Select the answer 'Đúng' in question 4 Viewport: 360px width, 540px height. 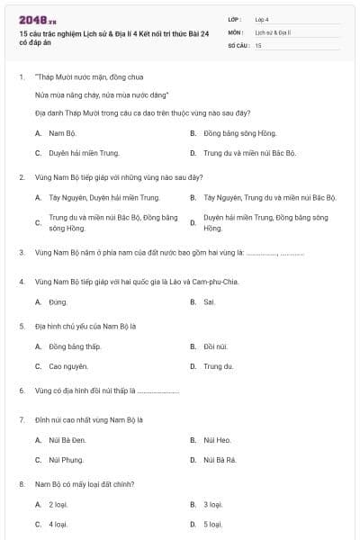pos(58,301)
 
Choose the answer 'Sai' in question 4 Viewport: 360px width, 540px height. pos(209,301)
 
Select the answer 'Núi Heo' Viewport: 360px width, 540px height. pos(217,439)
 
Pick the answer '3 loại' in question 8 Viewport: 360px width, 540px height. pos(212,504)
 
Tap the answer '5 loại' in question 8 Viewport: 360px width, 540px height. pos(212,524)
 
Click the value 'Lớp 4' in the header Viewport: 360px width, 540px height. pos(262,18)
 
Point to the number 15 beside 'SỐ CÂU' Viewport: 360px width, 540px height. pos(258,44)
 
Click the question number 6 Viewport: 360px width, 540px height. pos(21,391)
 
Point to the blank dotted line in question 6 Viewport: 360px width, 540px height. pos(158,391)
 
